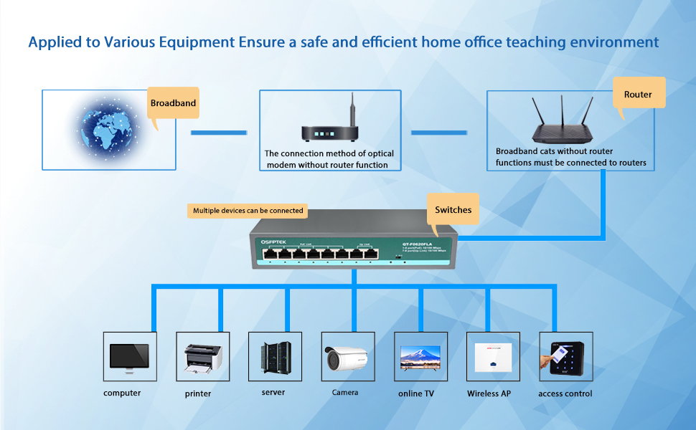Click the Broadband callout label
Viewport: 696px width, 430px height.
coord(173,103)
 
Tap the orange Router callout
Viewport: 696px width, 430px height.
coord(638,95)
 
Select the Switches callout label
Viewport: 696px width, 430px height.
coord(453,210)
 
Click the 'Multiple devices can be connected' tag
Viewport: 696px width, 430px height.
coord(248,211)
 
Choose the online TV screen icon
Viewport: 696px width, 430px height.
coord(421,356)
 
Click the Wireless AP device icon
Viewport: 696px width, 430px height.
coord(493,356)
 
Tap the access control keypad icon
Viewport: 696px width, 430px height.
coord(565,356)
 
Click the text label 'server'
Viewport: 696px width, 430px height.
coord(273,392)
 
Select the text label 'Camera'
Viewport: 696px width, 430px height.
coord(344,393)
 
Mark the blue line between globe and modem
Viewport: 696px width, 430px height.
coord(218,133)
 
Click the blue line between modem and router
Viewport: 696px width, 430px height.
coord(438,133)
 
